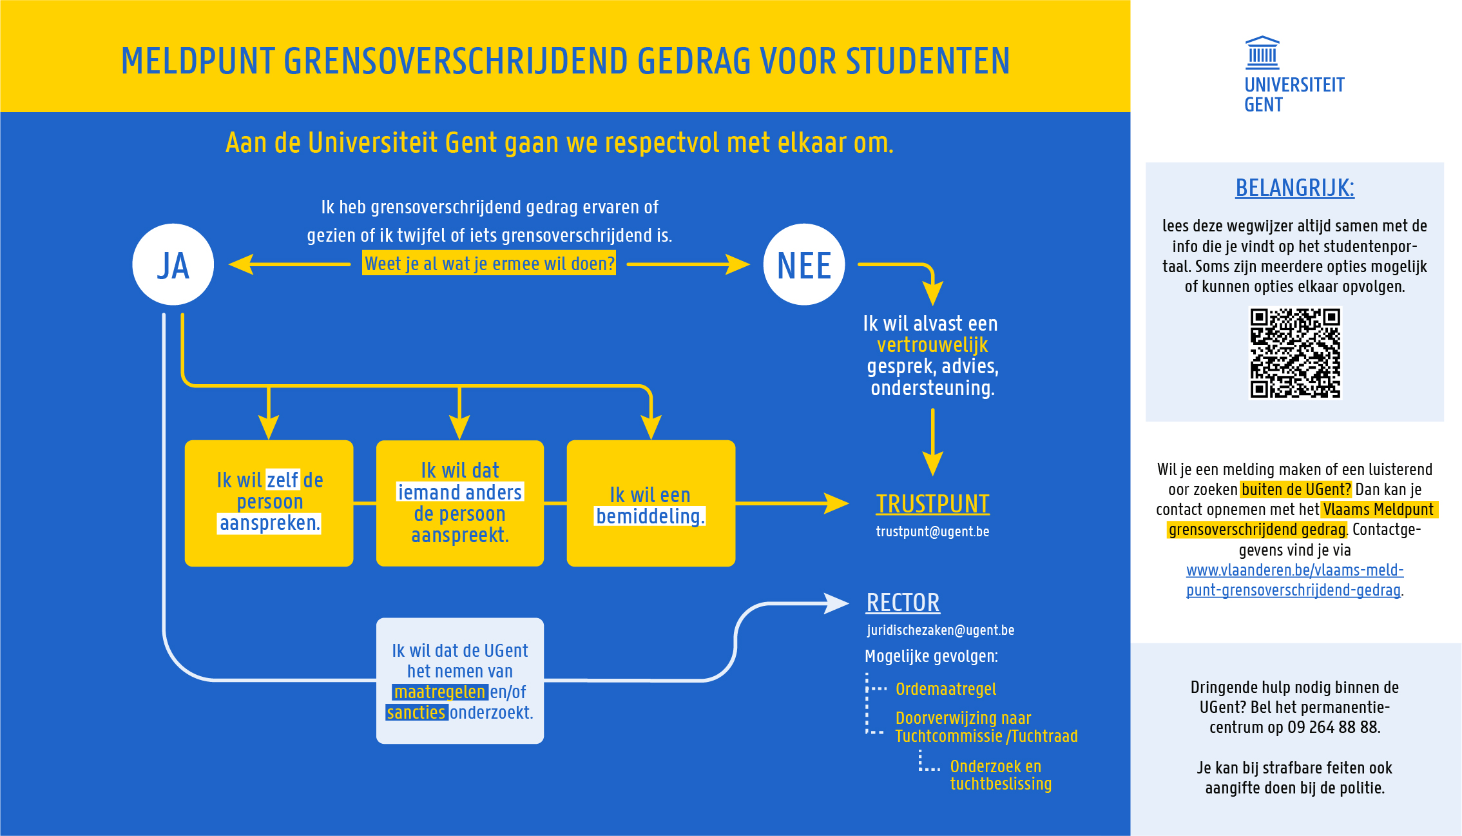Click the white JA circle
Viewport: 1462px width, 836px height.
pyautogui.click(x=173, y=264)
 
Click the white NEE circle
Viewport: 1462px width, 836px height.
pyautogui.click(x=803, y=264)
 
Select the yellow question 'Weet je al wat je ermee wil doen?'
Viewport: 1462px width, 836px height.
pyautogui.click(x=489, y=263)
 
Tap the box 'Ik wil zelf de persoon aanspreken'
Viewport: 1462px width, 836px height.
pyautogui.click(x=269, y=503)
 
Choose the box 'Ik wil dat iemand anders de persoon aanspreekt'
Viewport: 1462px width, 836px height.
pyautogui.click(x=459, y=503)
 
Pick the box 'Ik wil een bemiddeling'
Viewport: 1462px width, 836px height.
pyautogui.click(x=651, y=503)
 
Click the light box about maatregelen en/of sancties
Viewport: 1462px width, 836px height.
pyautogui.click(x=459, y=681)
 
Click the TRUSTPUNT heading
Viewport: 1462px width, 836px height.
pyautogui.click(x=932, y=504)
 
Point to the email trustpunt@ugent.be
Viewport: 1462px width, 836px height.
pyautogui.click(x=932, y=532)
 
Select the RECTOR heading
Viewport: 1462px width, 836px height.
pyautogui.click(x=903, y=603)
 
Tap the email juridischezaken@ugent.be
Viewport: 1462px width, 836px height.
pyautogui.click(x=940, y=630)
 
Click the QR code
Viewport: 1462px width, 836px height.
pyautogui.click(x=1295, y=353)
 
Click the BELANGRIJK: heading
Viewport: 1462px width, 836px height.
pyautogui.click(x=1294, y=188)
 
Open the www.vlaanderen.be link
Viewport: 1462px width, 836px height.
pyautogui.click(x=1294, y=580)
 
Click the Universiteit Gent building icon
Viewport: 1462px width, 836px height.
pyautogui.click(x=1262, y=52)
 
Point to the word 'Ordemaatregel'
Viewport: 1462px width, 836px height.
pyautogui.click(x=946, y=689)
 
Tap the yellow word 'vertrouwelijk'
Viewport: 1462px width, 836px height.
pyautogui.click(x=932, y=345)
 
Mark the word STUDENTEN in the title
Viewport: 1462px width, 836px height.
pyautogui.click(x=927, y=61)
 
